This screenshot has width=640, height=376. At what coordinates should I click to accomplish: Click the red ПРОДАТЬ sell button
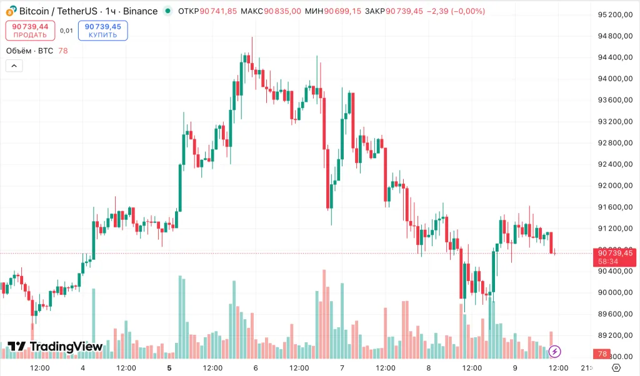tap(30, 31)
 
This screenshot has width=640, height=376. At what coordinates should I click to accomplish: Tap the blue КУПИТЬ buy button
tap(103, 31)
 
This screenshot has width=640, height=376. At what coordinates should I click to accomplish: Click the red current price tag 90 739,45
tap(616, 257)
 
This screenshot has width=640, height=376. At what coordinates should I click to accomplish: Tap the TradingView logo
tap(55, 347)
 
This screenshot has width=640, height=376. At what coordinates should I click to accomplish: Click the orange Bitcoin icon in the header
tap(11, 11)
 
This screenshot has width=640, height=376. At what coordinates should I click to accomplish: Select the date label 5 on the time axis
tap(169, 368)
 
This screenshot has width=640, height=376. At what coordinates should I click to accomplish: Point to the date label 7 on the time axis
tap(342, 368)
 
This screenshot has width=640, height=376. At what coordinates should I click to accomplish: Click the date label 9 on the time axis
tap(515, 368)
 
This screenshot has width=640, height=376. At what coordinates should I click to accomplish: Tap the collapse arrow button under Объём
tap(14, 66)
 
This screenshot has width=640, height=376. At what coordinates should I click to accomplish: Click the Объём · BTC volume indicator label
tap(29, 51)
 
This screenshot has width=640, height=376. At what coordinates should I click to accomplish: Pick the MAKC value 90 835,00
tap(282, 11)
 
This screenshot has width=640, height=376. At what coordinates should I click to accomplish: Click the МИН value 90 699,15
tap(342, 11)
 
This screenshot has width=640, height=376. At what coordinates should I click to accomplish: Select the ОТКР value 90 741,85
tap(218, 11)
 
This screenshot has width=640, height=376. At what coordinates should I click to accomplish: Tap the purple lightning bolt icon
tap(554, 352)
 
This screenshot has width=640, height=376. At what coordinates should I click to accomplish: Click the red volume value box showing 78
tap(602, 354)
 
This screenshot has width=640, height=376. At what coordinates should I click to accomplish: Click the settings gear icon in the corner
tap(616, 367)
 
